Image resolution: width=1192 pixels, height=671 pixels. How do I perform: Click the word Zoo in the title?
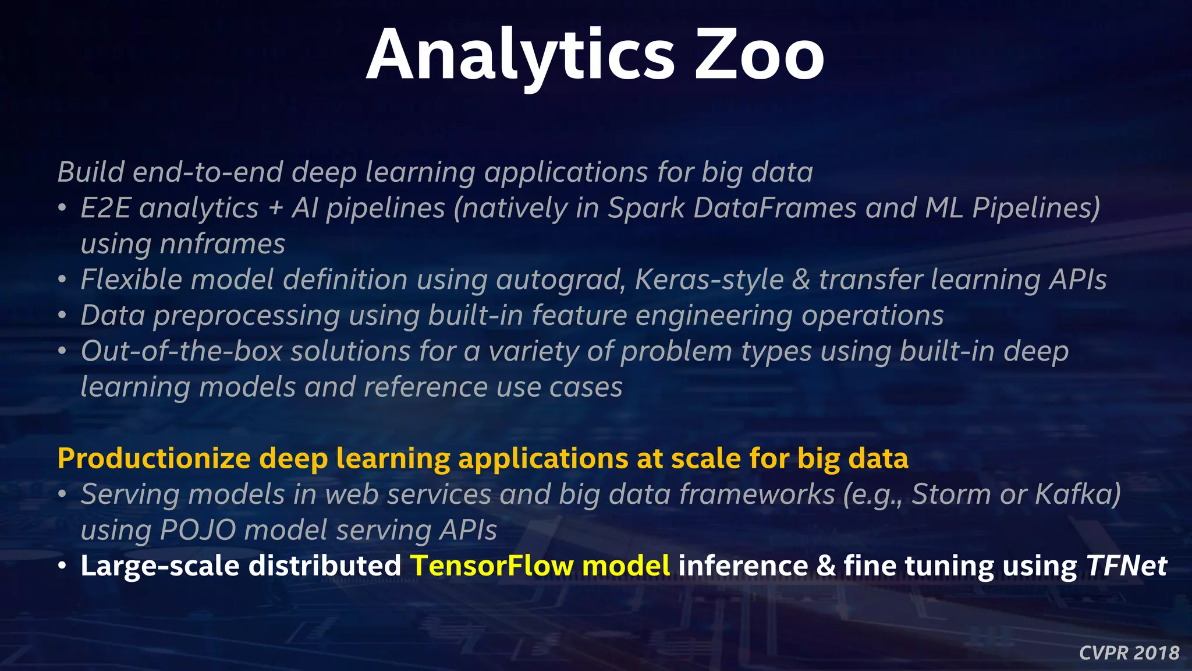pyautogui.click(x=760, y=56)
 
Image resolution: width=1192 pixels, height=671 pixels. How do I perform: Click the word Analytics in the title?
pyautogui.click(x=520, y=56)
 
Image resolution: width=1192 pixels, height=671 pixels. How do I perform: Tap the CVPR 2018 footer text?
pyautogui.click(x=1129, y=653)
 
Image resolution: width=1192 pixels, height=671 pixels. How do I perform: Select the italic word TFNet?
pyautogui.click(x=1126, y=566)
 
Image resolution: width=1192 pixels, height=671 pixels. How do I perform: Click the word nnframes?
pyautogui.click(x=222, y=244)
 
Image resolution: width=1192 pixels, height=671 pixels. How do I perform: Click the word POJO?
pyautogui.click(x=197, y=531)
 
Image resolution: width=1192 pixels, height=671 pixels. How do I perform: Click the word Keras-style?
pyautogui.click(x=709, y=280)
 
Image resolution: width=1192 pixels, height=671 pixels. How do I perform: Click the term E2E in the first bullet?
pyautogui.click(x=105, y=208)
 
